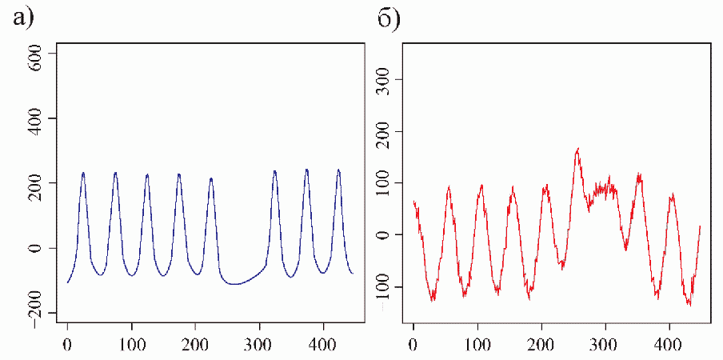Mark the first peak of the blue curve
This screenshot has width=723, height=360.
[x=83, y=173]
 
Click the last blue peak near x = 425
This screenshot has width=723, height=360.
[x=338, y=170]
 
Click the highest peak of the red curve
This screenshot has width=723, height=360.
[x=577, y=149]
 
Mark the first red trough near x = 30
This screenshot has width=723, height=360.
[x=433, y=299]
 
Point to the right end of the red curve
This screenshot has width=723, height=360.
[x=700, y=226]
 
